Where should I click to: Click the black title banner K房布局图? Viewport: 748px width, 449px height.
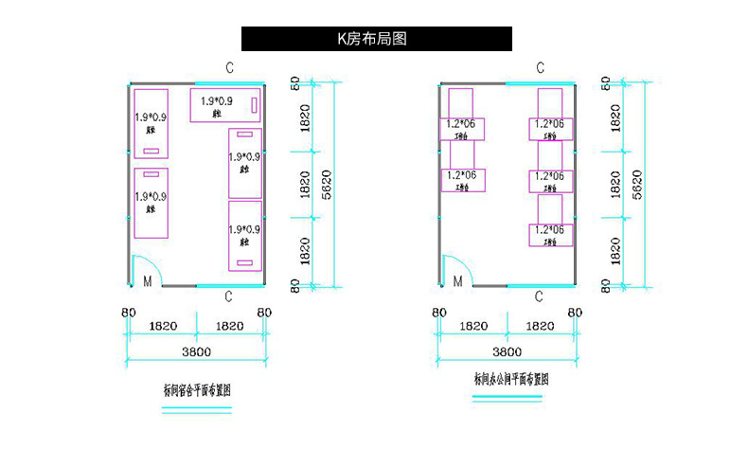pyautogui.click(x=376, y=39)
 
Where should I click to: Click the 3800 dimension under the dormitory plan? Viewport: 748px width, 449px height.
pyautogui.click(x=195, y=352)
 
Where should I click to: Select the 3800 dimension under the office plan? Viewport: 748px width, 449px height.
pyautogui.click(x=506, y=352)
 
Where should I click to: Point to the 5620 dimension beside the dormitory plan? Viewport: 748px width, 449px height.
pyautogui.click(x=327, y=183)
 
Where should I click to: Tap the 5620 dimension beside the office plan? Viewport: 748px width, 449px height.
pyautogui.click(x=637, y=183)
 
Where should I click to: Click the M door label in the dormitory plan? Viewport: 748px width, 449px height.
pyautogui.click(x=147, y=281)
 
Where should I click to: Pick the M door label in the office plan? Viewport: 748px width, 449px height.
pyautogui.click(x=457, y=281)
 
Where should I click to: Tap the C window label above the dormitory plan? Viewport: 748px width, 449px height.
pyautogui.click(x=229, y=67)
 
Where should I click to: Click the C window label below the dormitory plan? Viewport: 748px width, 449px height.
pyautogui.click(x=228, y=296)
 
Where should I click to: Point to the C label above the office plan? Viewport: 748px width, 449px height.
pyautogui.click(x=540, y=67)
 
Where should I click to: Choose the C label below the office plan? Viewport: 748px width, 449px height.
pyautogui.click(x=539, y=296)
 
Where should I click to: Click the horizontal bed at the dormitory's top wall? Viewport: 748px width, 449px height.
pyautogui.click(x=226, y=105)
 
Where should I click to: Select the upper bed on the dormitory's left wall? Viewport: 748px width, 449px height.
pyautogui.click(x=151, y=123)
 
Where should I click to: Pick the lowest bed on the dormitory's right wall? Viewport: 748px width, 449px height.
pyautogui.click(x=244, y=235)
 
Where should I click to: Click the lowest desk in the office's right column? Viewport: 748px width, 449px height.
pyautogui.click(x=550, y=231)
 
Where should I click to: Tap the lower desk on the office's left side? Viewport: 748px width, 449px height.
pyautogui.click(x=463, y=178)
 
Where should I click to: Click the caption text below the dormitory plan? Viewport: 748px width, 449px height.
pyautogui.click(x=198, y=389)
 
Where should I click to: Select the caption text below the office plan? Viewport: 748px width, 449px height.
pyautogui.click(x=511, y=378)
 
